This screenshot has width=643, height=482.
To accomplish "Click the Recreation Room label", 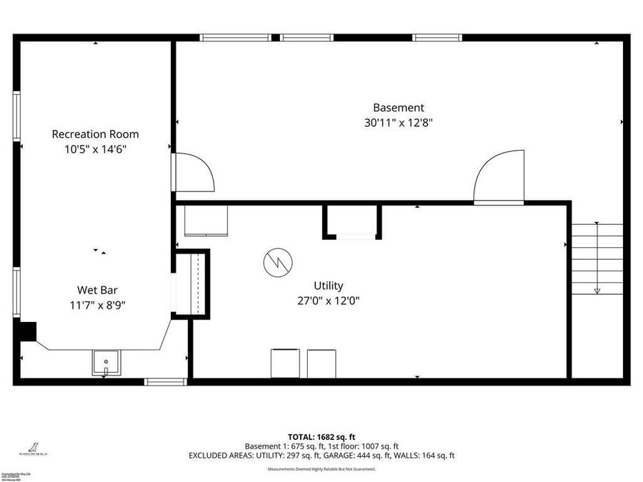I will [95, 134].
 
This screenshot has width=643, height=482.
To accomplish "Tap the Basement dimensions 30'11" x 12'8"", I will [399, 122].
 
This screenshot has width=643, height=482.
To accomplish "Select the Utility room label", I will [328, 286].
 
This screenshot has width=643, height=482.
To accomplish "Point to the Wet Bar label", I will [97, 290].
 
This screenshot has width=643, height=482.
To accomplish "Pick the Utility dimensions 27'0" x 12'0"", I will [328, 301].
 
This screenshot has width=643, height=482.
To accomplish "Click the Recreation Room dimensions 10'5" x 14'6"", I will [95, 149].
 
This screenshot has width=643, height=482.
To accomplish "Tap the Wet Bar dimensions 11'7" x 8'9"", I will [97, 305].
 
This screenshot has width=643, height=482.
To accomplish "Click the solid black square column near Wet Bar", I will [27, 332].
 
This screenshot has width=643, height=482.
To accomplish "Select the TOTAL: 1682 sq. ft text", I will [321, 436].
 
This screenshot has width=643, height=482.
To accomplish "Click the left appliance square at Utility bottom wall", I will [285, 363].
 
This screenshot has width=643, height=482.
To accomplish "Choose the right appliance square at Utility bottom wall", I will [321, 363].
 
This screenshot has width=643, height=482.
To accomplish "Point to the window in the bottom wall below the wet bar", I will [166, 382].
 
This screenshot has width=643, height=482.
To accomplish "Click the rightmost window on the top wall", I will [437, 38].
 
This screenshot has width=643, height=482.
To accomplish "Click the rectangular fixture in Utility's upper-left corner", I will [206, 221].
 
